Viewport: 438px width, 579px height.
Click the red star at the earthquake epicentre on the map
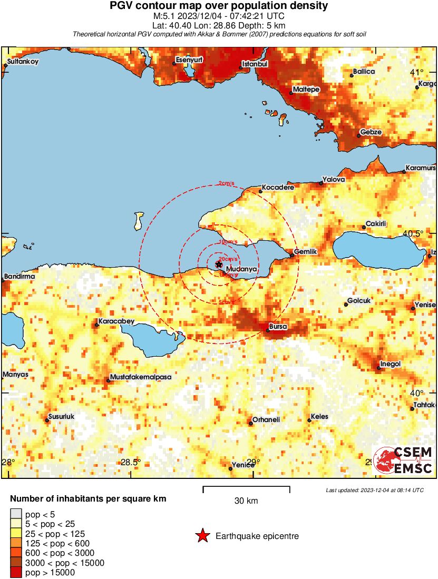click(219, 264)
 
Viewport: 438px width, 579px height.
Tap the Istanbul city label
click(255, 64)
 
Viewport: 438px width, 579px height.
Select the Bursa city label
click(278, 327)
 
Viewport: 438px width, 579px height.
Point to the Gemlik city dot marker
click(293, 256)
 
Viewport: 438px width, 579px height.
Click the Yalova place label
click(334, 180)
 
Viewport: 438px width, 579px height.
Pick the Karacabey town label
click(116, 321)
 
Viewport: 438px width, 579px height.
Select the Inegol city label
click(391, 364)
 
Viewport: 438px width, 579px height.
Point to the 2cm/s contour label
click(226, 184)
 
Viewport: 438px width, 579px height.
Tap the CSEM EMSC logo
click(403, 460)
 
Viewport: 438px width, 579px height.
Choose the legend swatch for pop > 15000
click(16, 573)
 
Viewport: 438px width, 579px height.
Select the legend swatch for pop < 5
click(16, 515)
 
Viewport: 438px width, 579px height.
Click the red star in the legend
click(202, 536)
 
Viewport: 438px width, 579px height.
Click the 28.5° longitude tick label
click(131, 463)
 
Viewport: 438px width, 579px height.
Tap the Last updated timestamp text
click(375, 490)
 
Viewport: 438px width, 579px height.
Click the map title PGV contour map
click(219, 6)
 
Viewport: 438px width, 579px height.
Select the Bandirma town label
click(20, 276)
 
